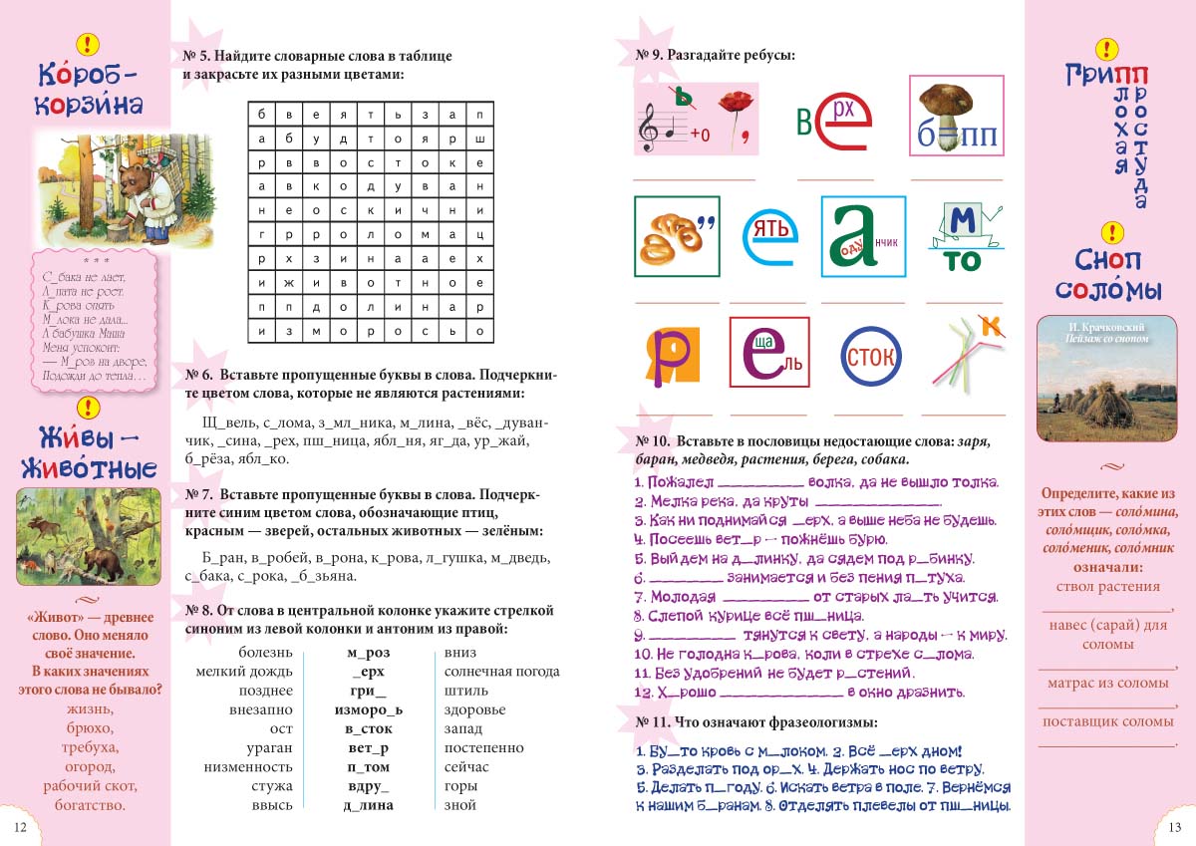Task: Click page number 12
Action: (x=20, y=827)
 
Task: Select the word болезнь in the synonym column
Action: (x=266, y=653)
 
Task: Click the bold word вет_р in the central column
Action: (x=368, y=747)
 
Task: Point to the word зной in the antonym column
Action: (x=459, y=805)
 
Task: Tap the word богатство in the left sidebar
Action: (x=90, y=805)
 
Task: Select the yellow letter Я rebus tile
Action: (x=666, y=352)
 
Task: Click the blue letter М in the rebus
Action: (x=963, y=221)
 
